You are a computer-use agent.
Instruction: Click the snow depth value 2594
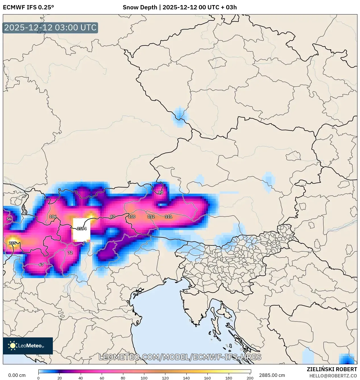click(x=82, y=229)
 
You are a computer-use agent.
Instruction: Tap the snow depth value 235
click(x=13, y=243)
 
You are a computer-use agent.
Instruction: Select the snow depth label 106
click(x=53, y=217)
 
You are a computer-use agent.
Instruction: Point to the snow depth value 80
click(x=161, y=193)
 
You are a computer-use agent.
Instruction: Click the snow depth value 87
click(x=113, y=217)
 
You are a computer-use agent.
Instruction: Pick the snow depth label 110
click(x=132, y=217)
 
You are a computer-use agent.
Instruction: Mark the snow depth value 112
click(x=151, y=217)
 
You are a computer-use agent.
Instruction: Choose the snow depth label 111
click(x=168, y=217)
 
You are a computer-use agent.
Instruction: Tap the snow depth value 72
click(x=70, y=253)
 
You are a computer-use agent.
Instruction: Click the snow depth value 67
click(x=41, y=265)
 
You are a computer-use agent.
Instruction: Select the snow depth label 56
click(x=9, y=219)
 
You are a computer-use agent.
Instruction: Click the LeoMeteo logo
click(x=28, y=346)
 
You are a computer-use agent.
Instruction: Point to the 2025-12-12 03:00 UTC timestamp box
click(x=50, y=28)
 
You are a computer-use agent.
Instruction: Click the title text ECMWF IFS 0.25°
click(x=28, y=7)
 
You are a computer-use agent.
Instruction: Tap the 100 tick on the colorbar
click(x=144, y=378)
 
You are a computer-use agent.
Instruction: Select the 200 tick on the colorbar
click(x=250, y=378)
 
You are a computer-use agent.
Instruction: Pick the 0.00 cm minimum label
click(x=17, y=375)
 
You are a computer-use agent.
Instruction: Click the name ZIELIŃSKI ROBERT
click(x=332, y=369)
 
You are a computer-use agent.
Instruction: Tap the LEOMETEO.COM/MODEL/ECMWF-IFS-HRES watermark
click(x=180, y=357)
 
